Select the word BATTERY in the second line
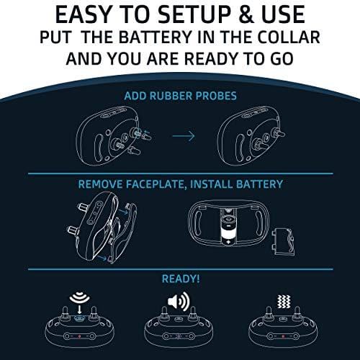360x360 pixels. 155,37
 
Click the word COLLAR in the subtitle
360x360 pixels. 289,37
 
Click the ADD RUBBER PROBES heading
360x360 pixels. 180,96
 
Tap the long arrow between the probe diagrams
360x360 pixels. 184,136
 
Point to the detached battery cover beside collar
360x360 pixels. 283,242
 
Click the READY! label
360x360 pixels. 181,279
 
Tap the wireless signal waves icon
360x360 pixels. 80,297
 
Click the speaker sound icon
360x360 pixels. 179,301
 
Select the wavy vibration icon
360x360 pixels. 284,302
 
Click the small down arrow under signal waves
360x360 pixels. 80,309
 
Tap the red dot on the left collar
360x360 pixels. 79,336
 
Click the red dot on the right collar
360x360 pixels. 283,336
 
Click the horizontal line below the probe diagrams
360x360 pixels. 181,174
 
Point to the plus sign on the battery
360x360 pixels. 228,242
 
